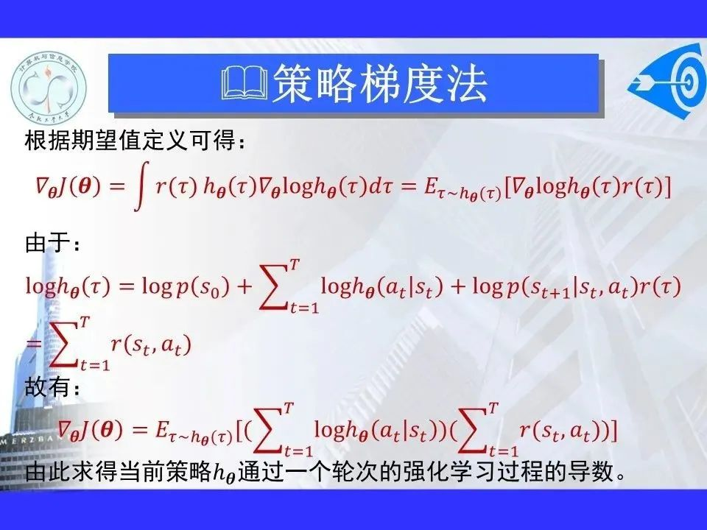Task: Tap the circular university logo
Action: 49,88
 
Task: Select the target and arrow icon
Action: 667,81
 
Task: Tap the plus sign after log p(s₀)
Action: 244,286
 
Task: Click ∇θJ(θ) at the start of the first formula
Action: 68,186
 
